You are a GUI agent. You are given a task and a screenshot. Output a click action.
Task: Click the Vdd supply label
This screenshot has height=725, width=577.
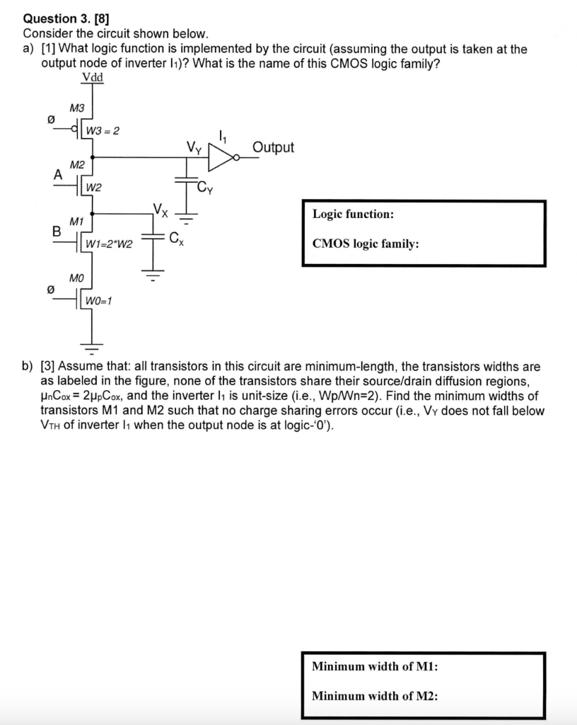point(92,77)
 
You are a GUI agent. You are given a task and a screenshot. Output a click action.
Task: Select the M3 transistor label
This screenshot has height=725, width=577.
point(77,108)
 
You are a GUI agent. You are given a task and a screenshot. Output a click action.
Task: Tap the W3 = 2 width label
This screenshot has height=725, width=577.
point(103,131)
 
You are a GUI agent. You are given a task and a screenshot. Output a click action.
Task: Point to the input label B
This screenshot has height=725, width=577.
point(56,231)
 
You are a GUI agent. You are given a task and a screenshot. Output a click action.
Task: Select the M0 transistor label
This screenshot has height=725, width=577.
point(77,278)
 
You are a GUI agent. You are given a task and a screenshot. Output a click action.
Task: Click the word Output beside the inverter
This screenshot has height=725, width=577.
point(273,147)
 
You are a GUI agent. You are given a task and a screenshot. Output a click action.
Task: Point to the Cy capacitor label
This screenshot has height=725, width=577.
point(206,188)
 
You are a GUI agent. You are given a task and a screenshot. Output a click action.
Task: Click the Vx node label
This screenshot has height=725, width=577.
point(161,209)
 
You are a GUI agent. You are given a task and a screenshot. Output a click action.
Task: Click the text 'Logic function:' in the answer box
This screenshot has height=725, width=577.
point(353,213)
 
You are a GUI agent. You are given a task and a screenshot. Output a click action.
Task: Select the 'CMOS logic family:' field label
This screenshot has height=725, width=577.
point(366,244)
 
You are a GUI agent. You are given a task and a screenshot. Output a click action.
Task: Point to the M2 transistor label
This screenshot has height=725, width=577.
point(77,164)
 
